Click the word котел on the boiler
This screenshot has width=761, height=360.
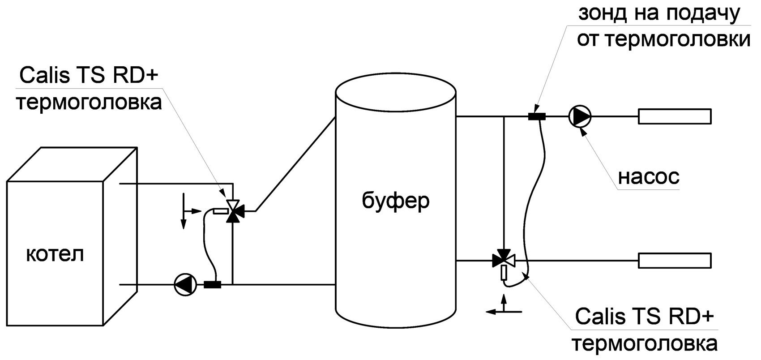55,255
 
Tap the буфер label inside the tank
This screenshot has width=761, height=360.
395,201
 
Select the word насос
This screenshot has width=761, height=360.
649,177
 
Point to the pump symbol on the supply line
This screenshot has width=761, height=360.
580,116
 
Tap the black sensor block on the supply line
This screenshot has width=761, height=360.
537,116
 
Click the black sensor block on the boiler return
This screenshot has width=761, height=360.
212,284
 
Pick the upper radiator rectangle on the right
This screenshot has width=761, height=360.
674,116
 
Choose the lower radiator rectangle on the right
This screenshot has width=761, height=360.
674,260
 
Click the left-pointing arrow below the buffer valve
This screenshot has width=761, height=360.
495,311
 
